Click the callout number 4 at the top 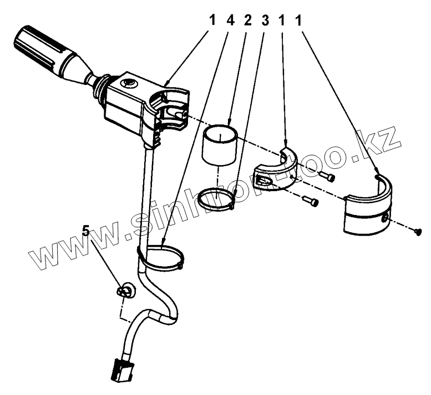coord(230,21)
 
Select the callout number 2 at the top coord(247,21)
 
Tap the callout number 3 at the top coord(265,21)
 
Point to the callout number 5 coord(86,231)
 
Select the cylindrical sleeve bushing coord(220,146)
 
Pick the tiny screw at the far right coord(418,232)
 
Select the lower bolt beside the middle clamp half coord(310,201)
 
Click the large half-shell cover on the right coord(368,206)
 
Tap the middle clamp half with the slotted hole coord(276,171)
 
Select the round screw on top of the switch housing coord(128,83)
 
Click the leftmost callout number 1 coord(212,21)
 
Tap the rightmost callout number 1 coord(299,21)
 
